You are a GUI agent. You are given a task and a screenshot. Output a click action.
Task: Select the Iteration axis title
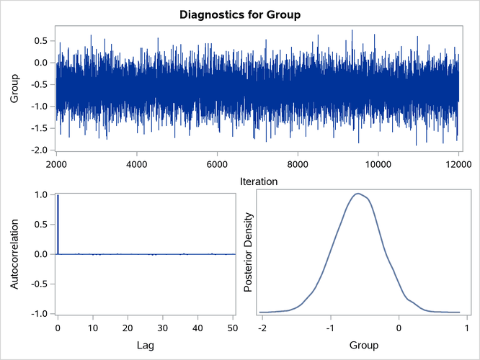(x=258, y=182)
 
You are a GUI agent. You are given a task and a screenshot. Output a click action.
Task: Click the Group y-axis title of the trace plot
(x=14, y=96)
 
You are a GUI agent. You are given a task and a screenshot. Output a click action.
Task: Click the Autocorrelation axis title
(x=14, y=254)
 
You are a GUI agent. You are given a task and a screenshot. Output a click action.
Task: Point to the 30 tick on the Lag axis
(x=163, y=328)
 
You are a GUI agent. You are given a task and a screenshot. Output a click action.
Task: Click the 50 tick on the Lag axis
(x=232, y=328)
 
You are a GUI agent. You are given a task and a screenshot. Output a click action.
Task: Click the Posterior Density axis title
(x=249, y=254)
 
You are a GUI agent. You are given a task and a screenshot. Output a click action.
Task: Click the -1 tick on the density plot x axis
(x=330, y=328)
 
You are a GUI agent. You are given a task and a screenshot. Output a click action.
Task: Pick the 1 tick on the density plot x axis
(x=466, y=328)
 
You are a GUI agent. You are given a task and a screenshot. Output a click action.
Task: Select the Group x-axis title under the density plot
(x=363, y=346)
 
